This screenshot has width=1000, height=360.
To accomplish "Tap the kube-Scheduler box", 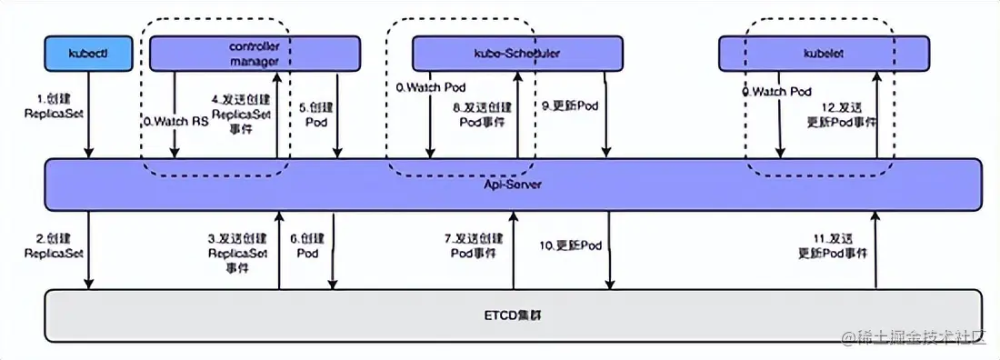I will pyautogui.click(x=516, y=54).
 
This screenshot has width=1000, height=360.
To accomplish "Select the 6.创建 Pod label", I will pyautogui.click(x=307, y=245).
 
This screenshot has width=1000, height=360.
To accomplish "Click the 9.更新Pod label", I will pyautogui.click(x=570, y=106).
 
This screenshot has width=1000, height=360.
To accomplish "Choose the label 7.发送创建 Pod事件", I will pyautogui.click(x=473, y=245).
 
